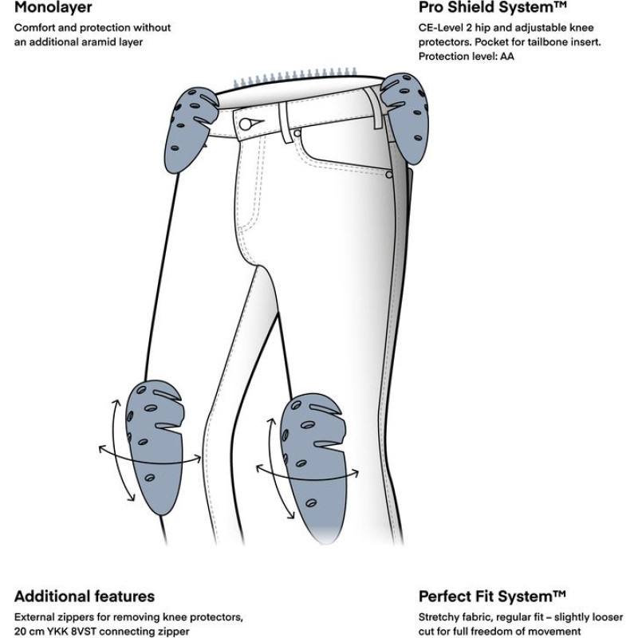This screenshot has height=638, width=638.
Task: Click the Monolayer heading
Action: point(53,9)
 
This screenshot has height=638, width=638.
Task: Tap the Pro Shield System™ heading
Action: point(492,9)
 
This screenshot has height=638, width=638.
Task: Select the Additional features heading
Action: point(84,596)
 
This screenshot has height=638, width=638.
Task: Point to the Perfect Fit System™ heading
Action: point(492,596)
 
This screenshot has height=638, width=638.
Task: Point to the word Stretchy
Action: point(439,616)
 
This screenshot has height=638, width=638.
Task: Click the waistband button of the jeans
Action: point(247,123)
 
